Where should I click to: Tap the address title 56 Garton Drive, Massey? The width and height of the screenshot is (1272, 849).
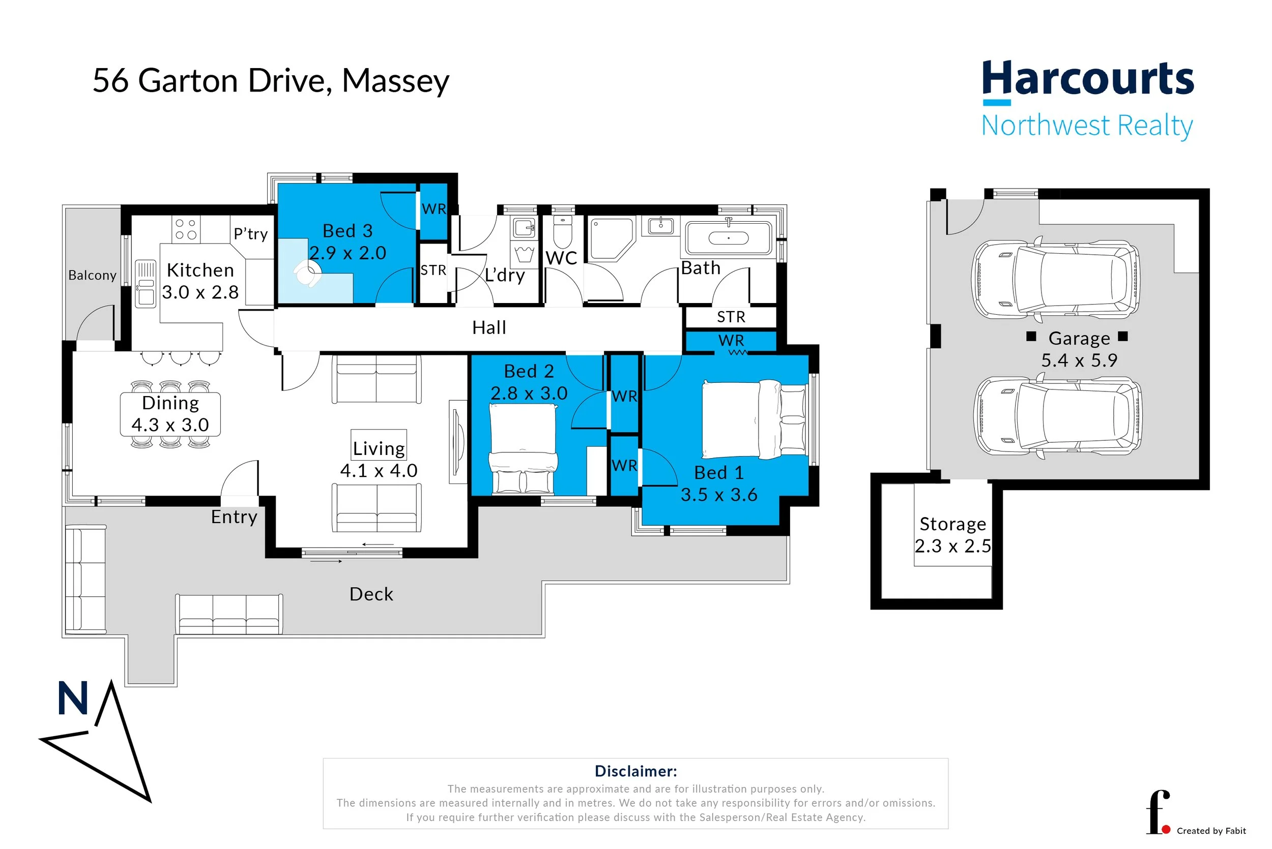pos(270,81)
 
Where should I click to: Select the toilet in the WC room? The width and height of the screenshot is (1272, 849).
pos(563,232)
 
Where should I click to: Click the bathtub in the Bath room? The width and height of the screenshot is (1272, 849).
pos(728,238)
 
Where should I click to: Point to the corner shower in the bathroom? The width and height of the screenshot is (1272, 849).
pos(611,238)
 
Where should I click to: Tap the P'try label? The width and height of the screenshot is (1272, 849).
pos(251,233)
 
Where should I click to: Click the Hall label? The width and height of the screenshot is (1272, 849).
pos(488,327)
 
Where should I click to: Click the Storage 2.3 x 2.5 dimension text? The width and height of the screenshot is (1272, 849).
pos(952,546)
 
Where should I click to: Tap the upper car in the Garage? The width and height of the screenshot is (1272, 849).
pos(1056,280)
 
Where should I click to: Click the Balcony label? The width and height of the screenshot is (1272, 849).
pos(92,275)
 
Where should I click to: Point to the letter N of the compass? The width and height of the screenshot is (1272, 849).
pos(73,698)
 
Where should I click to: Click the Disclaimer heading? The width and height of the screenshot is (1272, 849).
pos(635,771)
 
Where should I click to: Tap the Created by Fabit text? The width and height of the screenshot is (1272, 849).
pos(1211,831)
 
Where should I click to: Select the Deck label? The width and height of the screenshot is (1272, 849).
pos(371,594)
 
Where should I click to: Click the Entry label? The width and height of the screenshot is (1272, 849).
pos(234,517)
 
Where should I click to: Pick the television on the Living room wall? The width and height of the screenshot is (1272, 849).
pos(457,441)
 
